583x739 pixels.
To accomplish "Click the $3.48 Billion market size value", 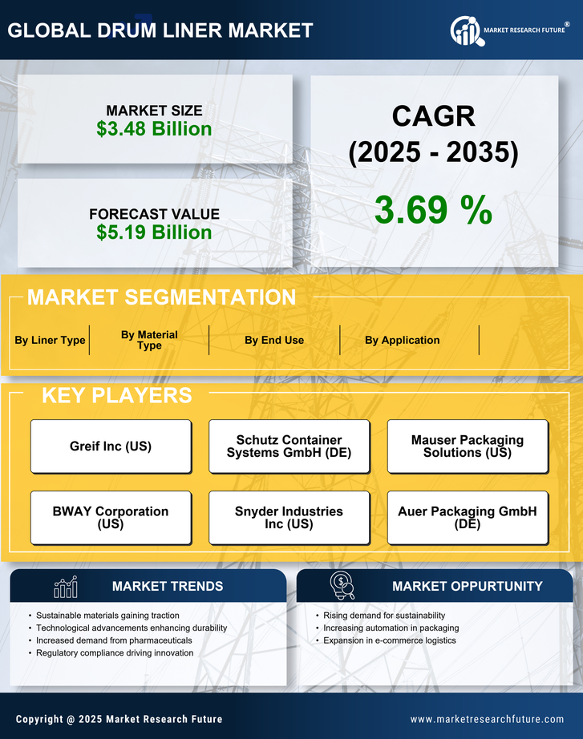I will [154, 129].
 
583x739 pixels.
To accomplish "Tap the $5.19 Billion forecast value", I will [154, 232].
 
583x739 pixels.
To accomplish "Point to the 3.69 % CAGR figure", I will [433, 210].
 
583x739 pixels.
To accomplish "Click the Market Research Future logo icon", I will [466, 30].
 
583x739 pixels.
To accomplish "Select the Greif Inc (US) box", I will [111, 446].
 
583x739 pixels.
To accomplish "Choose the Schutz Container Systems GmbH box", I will [289, 446].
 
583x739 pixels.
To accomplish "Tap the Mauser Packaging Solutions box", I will [468, 446].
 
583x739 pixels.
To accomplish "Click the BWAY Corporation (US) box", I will [111, 518].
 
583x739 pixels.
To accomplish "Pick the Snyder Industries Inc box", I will [289, 518].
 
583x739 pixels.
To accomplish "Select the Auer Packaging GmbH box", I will [468, 518].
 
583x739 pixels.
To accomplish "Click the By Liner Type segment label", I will [50, 340].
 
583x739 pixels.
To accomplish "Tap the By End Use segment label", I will [274, 340].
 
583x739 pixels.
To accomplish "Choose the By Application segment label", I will [402, 340].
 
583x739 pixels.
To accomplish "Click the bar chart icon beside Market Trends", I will [66, 587].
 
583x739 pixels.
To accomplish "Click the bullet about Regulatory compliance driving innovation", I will [115, 653].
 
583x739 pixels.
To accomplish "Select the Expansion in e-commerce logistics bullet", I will [390, 640].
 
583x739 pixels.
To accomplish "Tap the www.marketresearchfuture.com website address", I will [487, 719].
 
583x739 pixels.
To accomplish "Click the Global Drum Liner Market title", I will [160, 30].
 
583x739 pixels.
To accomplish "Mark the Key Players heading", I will [116, 395].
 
